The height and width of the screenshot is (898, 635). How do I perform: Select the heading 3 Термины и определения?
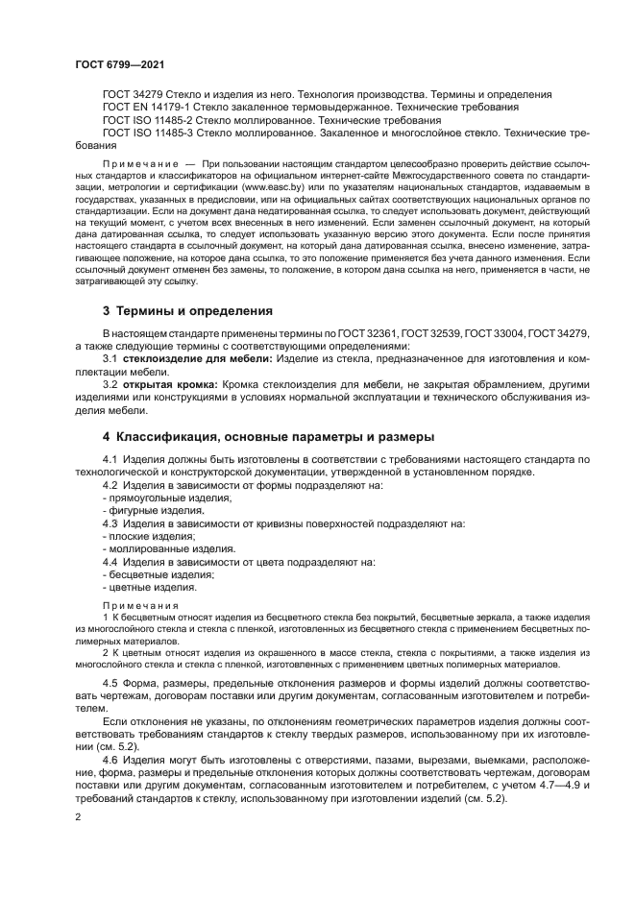tap(187, 311)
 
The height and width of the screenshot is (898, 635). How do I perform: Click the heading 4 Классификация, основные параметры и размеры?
tap(269, 435)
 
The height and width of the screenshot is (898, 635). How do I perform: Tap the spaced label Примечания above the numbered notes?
tap(140, 605)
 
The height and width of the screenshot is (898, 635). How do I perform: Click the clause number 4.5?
tap(112, 682)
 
